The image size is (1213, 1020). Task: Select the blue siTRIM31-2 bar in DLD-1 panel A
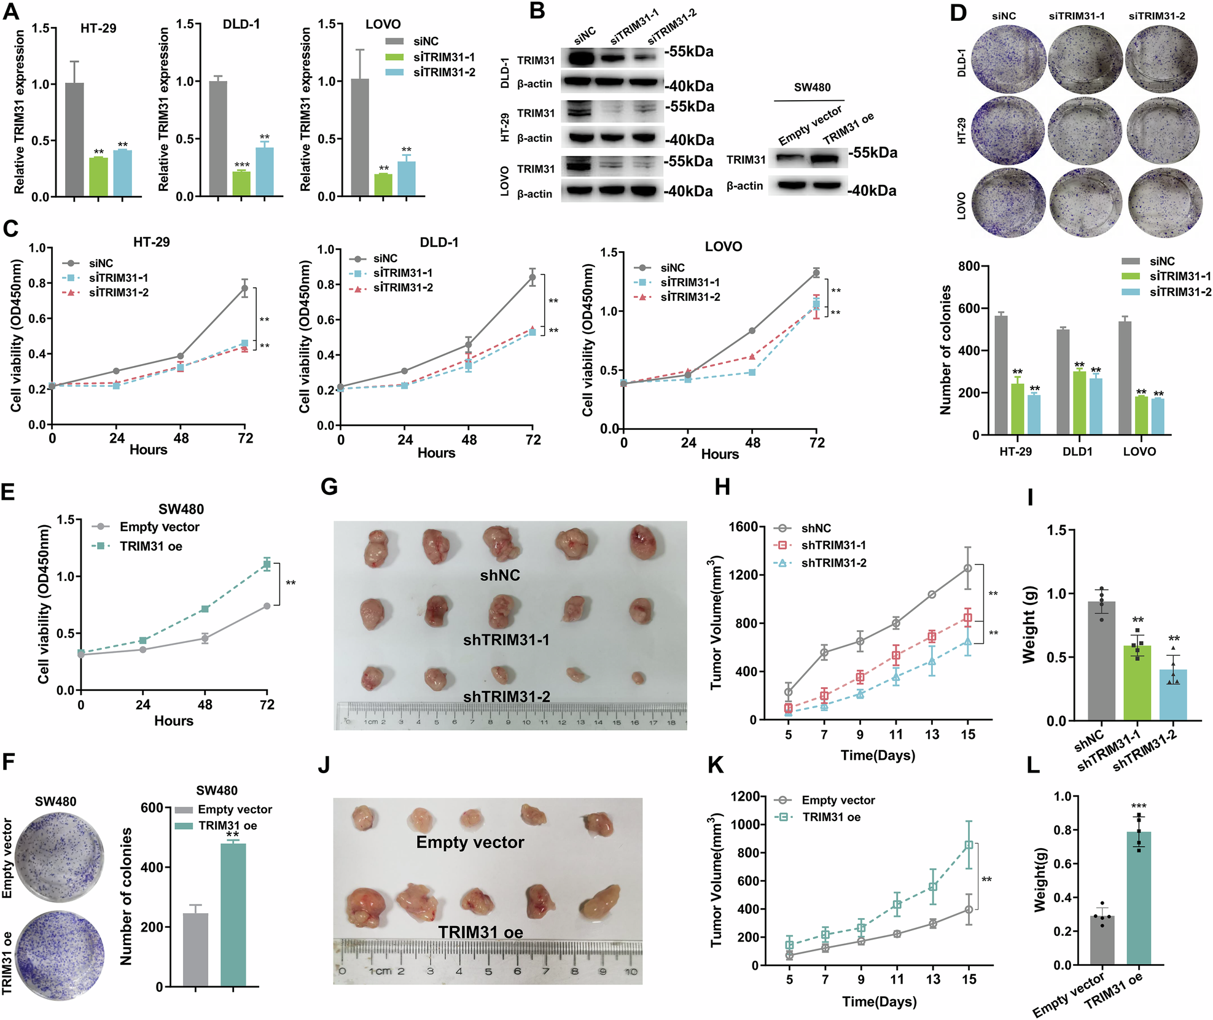(x=265, y=172)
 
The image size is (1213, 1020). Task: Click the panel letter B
(x=537, y=10)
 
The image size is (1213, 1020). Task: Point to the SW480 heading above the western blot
(x=812, y=87)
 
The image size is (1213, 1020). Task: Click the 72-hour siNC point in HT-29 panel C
(x=244, y=288)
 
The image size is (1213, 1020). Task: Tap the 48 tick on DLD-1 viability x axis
(x=469, y=440)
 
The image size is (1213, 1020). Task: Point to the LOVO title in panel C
(x=723, y=247)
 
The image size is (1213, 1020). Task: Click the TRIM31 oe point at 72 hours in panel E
(x=267, y=564)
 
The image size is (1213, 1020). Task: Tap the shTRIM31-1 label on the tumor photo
(x=506, y=640)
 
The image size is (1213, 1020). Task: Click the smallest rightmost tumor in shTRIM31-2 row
(x=639, y=677)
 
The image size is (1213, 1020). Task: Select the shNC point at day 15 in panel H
(x=968, y=568)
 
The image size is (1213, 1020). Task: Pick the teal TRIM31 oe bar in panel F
(x=233, y=915)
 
